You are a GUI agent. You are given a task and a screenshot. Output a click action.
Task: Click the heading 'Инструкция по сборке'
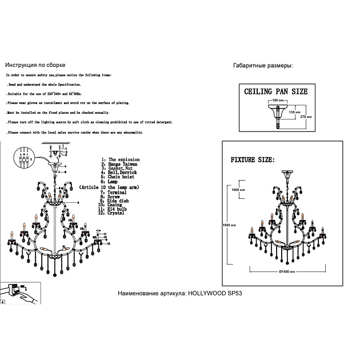[x=35, y=66]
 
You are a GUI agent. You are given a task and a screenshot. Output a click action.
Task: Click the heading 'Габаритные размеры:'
[x=263, y=66]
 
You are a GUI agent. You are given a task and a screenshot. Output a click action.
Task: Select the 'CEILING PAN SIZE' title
[x=275, y=91]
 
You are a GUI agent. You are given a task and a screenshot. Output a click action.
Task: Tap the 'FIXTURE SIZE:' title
[x=252, y=159]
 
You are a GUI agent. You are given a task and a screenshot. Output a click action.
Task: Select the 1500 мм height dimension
[x=229, y=226]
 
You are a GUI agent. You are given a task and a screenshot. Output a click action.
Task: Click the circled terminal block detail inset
[x=23, y=158]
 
